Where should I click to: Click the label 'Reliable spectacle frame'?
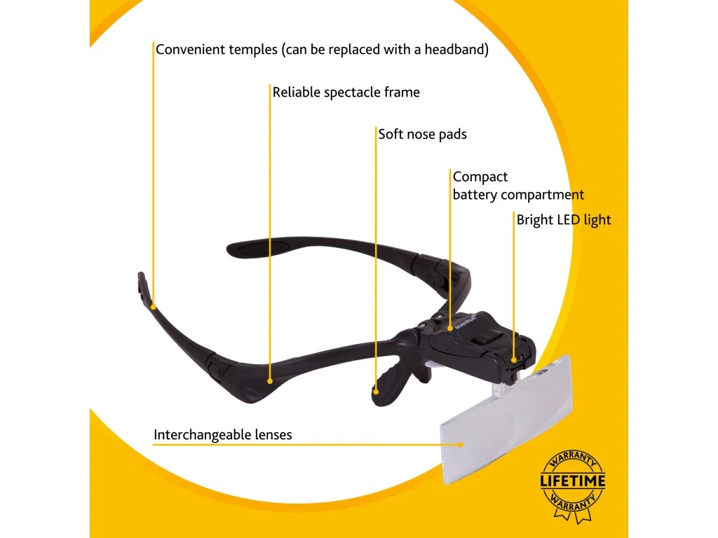pos(346,92)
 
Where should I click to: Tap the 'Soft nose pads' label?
pos(422,134)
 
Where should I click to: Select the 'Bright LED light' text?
pos(564,220)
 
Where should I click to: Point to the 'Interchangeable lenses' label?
pos(223,435)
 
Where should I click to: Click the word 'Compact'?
pos(480,177)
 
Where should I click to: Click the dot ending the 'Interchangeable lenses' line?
pos(461,443)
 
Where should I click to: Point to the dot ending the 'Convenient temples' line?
pos(153,305)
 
